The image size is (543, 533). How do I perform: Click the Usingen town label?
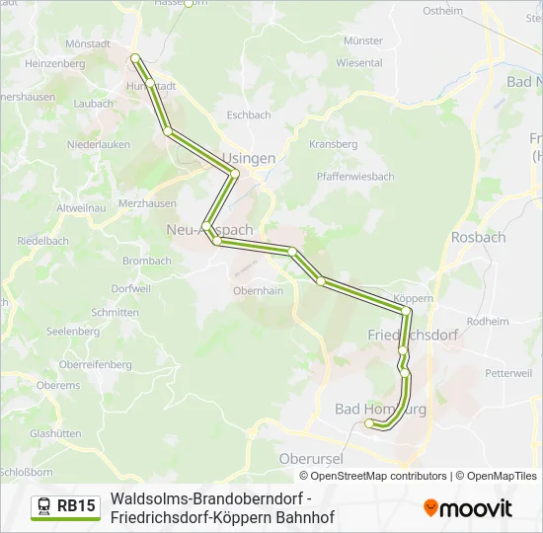tap(249, 158)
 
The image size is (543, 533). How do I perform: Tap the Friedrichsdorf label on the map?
tap(413, 335)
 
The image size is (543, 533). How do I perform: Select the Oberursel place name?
tap(309, 459)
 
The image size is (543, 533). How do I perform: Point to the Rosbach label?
tap(478, 237)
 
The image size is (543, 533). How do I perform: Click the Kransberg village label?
tap(333, 144)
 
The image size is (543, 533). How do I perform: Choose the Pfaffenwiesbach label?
tap(355, 177)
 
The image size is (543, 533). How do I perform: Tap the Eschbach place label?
tap(249, 115)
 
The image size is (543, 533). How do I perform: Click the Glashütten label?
tap(55, 433)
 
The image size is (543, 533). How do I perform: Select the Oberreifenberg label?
tap(96, 365)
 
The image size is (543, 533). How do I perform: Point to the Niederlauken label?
tap(98, 144)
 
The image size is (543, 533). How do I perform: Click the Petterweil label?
tap(508, 373)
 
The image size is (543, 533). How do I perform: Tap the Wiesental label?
tap(358, 62)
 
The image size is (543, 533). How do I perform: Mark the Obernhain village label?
tap(258, 291)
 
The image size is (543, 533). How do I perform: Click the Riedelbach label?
tap(41, 240)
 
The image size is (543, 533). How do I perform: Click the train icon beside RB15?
tap(44, 507)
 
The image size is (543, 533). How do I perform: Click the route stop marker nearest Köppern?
tap(406, 311)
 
